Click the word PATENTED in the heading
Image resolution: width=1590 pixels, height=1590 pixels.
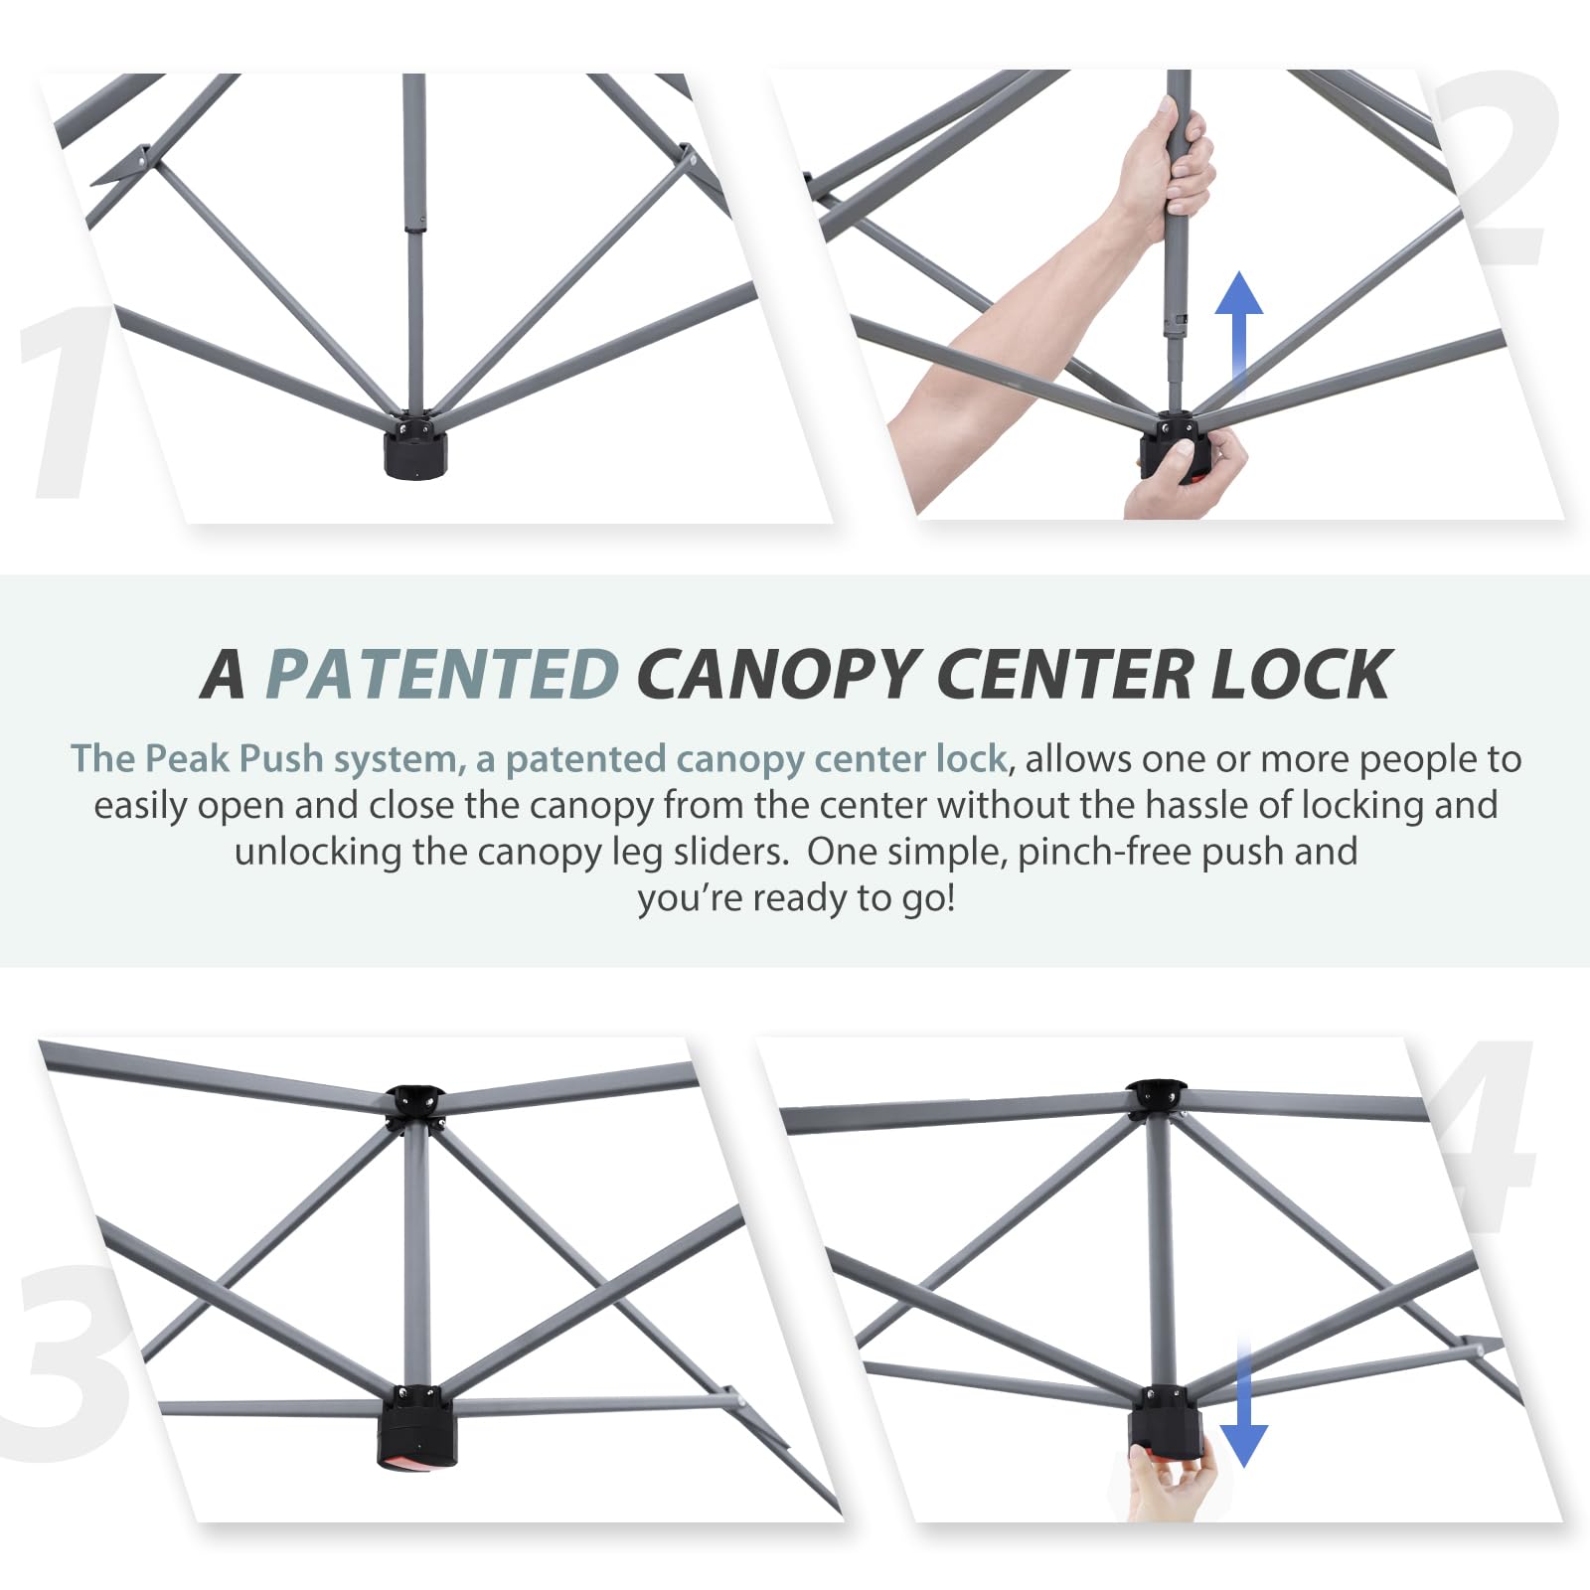tap(442, 675)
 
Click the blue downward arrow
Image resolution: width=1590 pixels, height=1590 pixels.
tap(1243, 1401)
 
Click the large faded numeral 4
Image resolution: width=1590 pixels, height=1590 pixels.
tap(1486, 1138)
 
